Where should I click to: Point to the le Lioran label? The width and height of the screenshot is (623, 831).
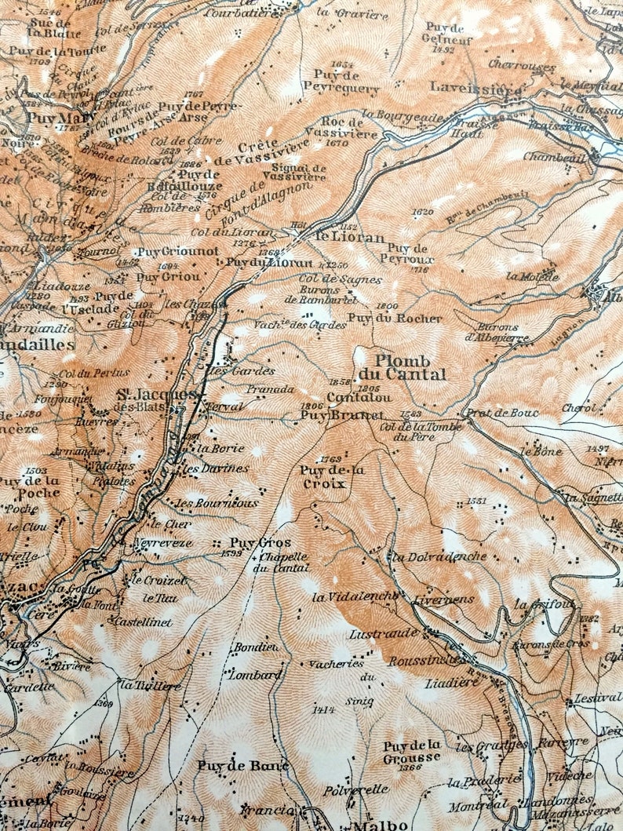(350, 237)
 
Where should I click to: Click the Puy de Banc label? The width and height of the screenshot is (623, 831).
(242, 765)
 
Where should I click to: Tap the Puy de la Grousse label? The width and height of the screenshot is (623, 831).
(412, 752)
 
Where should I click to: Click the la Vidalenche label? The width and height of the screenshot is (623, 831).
(354, 597)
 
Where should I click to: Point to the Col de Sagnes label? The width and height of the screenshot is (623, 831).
(329, 279)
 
